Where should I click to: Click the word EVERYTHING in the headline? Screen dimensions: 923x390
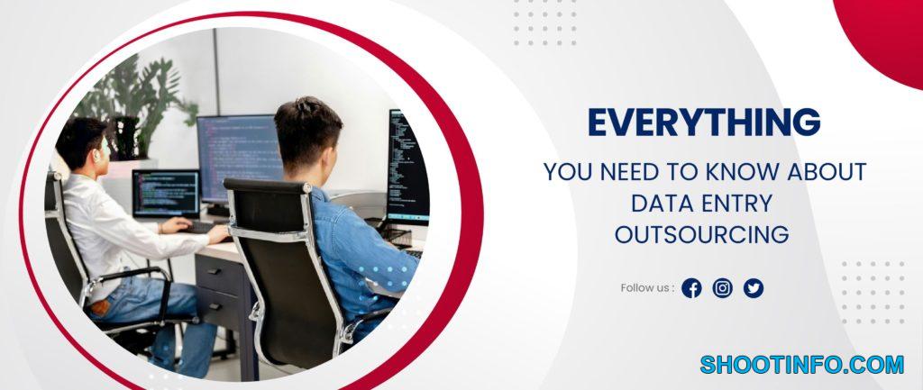tap(704, 122)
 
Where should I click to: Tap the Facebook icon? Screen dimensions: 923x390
tap(691, 288)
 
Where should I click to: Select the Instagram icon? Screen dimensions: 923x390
tap(722, 288)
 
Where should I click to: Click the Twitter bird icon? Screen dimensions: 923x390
tap(754, 288)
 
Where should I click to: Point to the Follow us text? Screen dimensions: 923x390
tap(647, 288)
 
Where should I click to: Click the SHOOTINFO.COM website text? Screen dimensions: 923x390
tap(801, 365)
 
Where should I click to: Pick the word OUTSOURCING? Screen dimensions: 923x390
tap(701, 234)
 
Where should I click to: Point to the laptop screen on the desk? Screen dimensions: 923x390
tap(166, 194)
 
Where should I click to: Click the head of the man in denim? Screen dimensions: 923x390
tap(307, 137)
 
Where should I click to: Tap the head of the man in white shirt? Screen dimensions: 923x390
tap(82, 144)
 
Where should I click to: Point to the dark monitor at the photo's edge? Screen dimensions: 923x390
tap(408, 167)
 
